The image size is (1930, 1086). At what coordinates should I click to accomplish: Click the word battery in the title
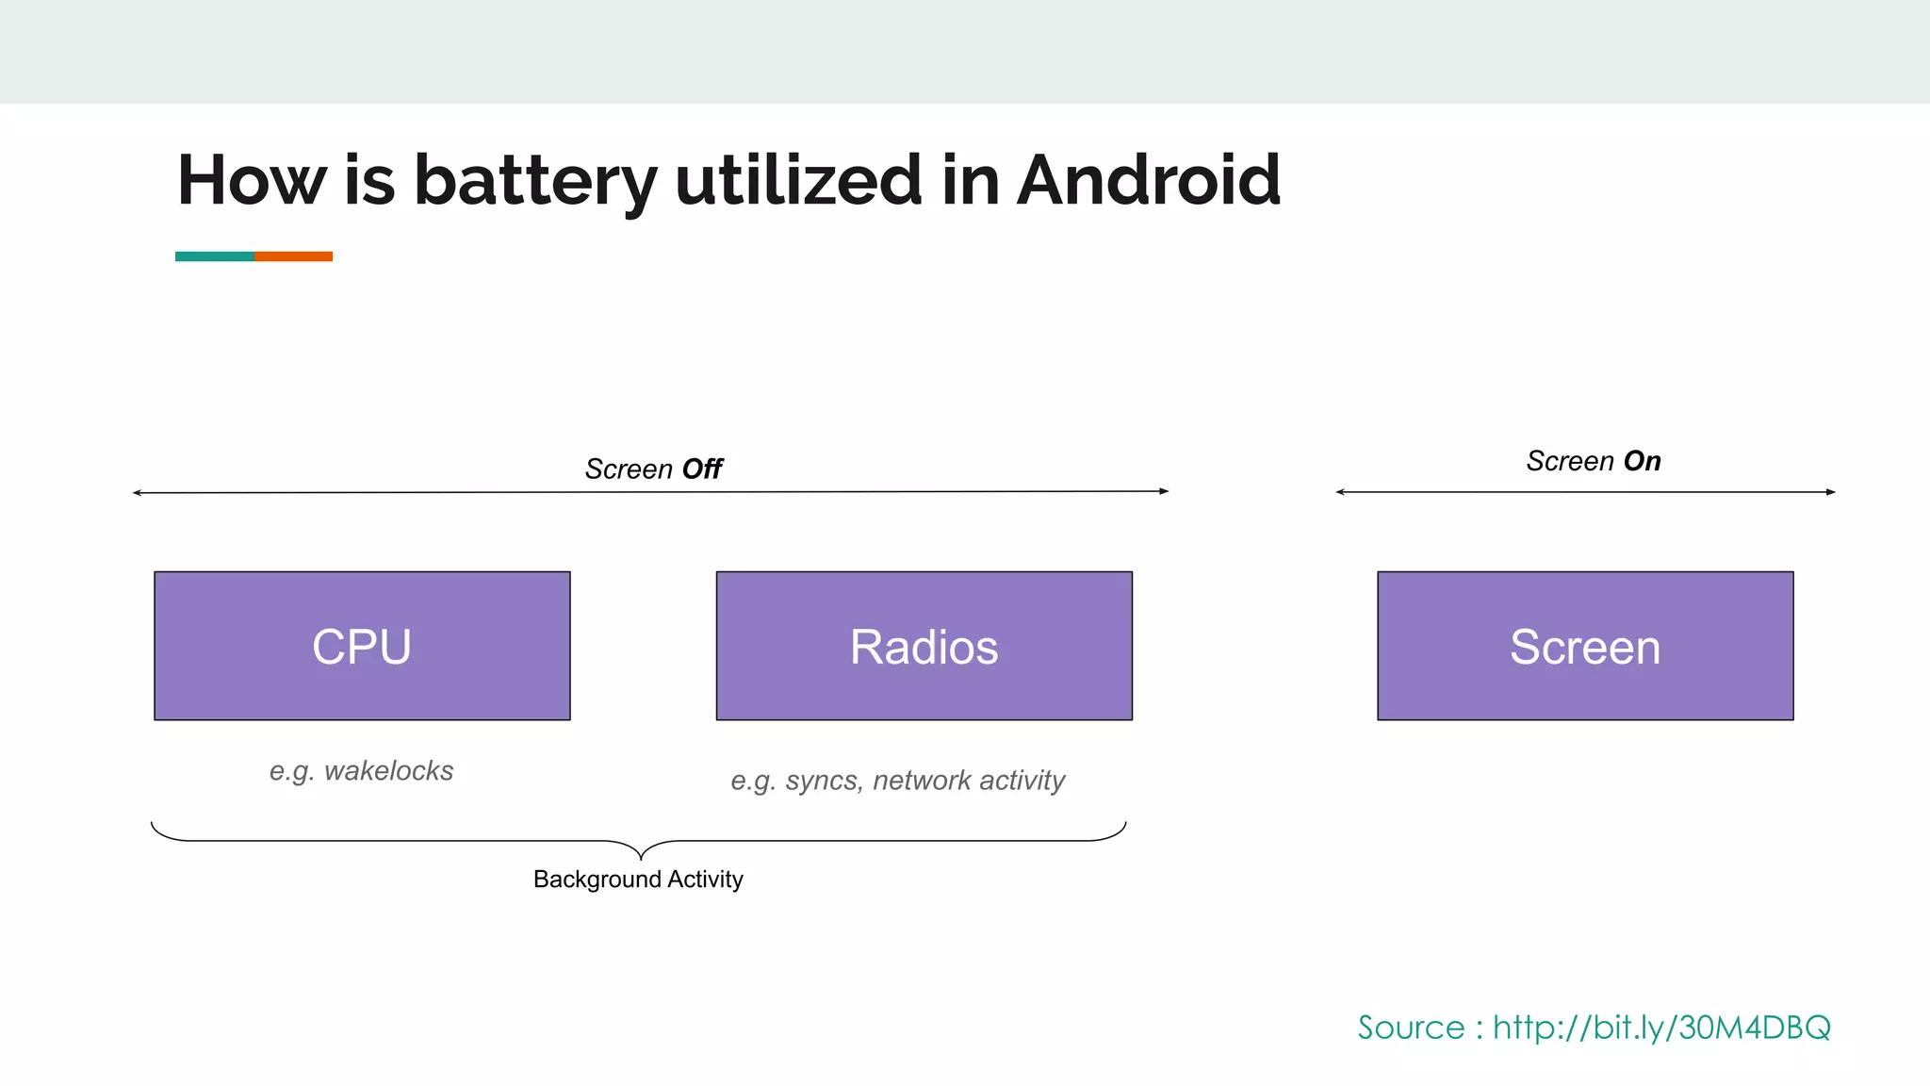pos(534,181)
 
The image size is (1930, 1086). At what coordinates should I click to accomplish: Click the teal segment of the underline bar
pos(215,256)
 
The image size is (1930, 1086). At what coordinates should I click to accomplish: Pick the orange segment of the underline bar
pos(293,256)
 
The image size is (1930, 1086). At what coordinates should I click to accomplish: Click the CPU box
pos(362,646)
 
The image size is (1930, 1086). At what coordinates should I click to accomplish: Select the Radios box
pos(924,646)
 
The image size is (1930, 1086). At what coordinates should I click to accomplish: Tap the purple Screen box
pos(1585,646)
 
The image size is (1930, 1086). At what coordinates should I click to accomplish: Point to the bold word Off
pos(702,469)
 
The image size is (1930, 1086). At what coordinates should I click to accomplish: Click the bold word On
pos(1642,461)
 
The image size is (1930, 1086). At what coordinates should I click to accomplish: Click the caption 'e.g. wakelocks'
pos(361,771)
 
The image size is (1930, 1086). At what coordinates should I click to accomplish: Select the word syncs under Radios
pos(821,781)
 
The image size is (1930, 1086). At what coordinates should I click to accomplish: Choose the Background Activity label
pos(638,880)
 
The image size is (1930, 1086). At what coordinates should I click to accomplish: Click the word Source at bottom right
pos(1411,1027)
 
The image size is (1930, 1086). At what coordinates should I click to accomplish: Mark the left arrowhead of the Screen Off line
pos(138,493)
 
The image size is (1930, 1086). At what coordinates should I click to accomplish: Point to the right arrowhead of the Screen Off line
pos(1165,491)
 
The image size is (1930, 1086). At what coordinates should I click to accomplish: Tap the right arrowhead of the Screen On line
pos(1831,492)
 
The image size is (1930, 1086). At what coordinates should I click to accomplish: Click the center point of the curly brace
pos(641,854)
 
